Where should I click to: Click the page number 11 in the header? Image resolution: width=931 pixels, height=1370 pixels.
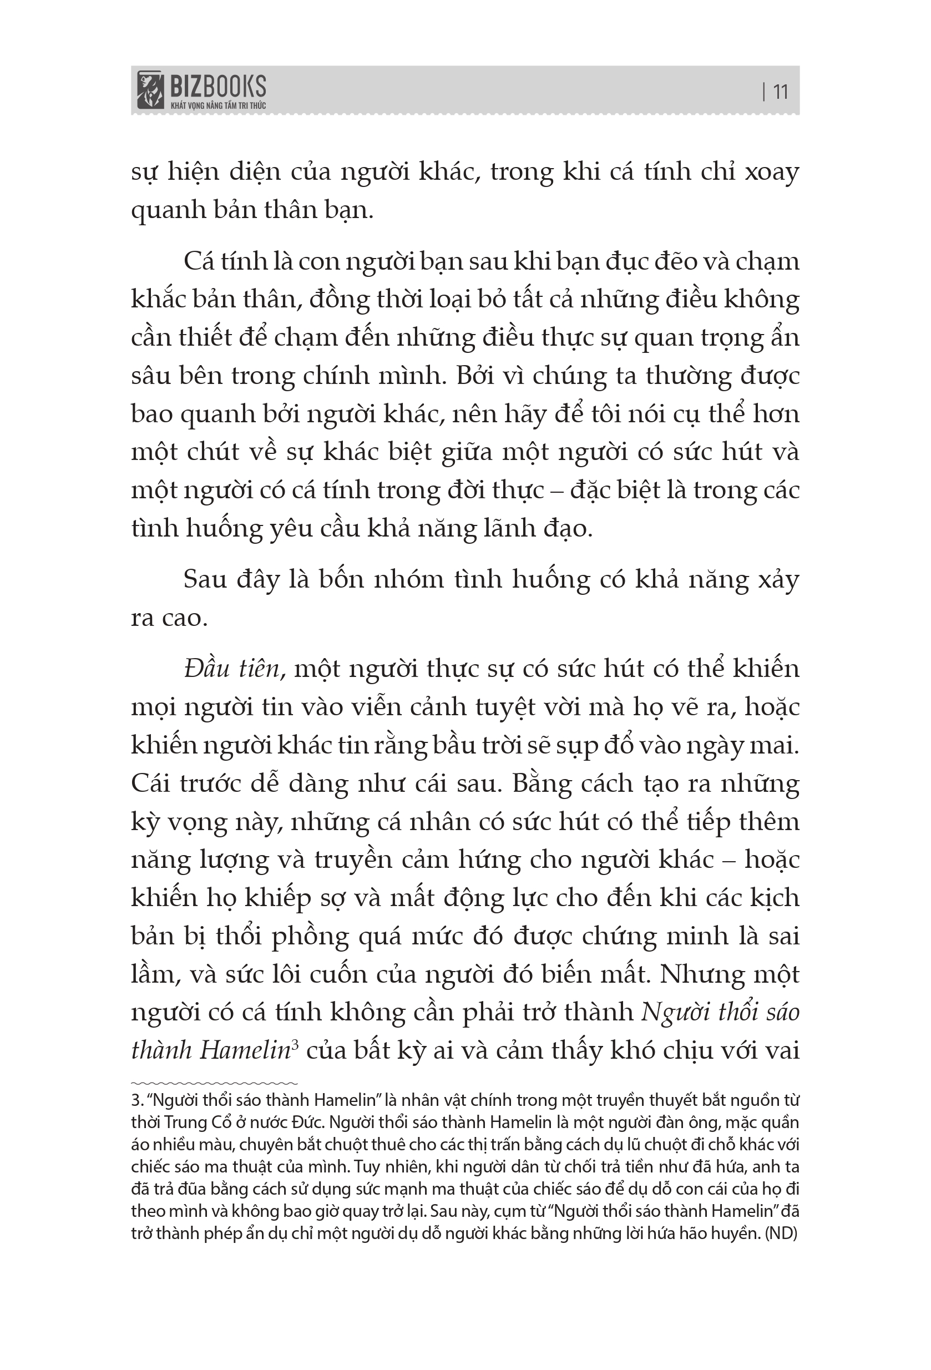click(780, 92)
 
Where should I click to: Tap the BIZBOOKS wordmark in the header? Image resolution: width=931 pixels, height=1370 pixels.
click(217, 86)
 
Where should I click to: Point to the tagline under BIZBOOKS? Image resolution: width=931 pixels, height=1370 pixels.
click(217, 105)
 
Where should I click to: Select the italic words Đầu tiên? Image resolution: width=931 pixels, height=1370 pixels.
click(231, 669)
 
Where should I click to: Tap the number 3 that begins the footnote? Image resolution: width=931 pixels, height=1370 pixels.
click(134, 1100)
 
